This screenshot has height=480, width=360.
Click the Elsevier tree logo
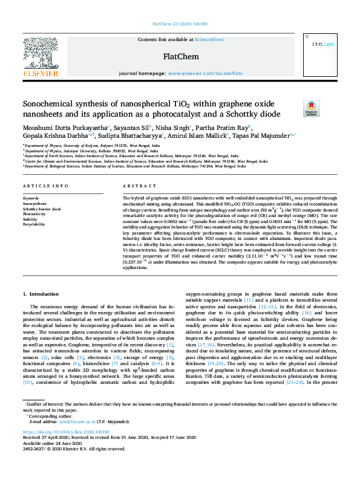(41, 54)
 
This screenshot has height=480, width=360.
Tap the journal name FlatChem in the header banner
(180, 57)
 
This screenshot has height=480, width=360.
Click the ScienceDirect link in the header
(209, 39)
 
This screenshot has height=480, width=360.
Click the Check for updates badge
(311, 108)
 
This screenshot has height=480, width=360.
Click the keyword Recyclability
(34, 224)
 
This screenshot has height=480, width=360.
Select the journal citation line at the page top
(180, 24)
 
